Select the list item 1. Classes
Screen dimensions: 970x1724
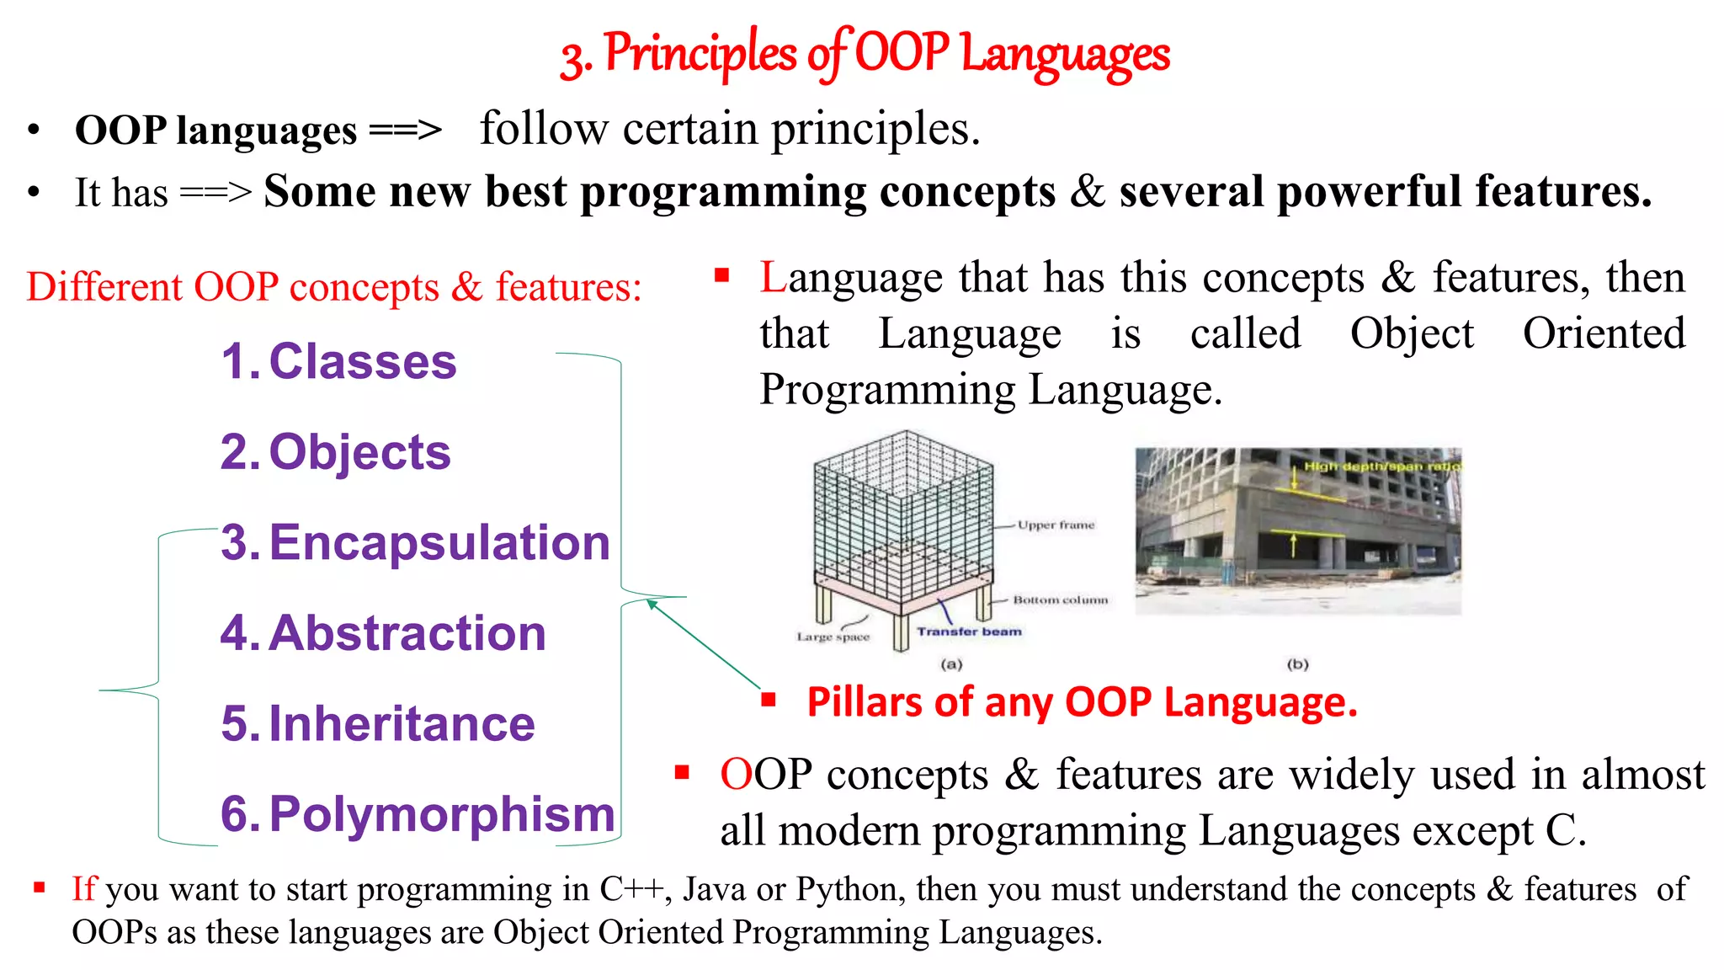pos(338,362)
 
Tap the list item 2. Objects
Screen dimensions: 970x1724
pos(336,452)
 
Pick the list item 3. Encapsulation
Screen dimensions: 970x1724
pos(415,542)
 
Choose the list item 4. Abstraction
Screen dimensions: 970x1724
pos(383,633)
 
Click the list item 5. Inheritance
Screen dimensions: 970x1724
pos(378,724)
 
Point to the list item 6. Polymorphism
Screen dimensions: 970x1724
pos(418,814)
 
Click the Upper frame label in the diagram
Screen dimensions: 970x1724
pos(1056,525)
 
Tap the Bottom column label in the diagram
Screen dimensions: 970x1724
pos(1060,600)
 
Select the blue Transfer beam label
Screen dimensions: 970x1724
pos(969,632)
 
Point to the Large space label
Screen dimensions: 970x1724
pos(833,637)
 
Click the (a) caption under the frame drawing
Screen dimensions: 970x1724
pos(951,664)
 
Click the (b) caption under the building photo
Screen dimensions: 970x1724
pos(1297,664)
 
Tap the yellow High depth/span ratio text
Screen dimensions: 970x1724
pos(1381,466)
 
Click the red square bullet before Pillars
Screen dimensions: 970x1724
pos(768,699)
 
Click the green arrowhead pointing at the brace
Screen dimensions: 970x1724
pos(651,604)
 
